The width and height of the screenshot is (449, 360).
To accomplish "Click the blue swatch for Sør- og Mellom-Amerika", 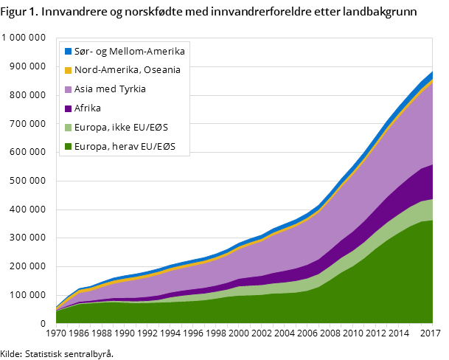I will (x=68, y=52).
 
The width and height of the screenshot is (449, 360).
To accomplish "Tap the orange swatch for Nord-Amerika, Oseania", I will (x=68, y=71).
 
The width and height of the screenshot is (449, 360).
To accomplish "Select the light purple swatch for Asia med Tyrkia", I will (x=68, y=89).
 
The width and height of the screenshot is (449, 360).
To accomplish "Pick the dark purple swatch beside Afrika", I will (x=68, y=108).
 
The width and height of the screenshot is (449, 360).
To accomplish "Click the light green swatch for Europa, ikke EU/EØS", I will (x=68, y=128).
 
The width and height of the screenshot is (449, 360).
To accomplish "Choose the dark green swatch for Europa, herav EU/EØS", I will (x=68, y=147).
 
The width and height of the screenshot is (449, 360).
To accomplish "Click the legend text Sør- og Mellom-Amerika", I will (x=129, y=52).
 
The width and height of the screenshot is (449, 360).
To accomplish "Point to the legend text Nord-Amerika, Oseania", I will (x=127, y=71).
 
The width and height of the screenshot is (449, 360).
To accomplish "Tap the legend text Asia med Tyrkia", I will (x=110, y=89).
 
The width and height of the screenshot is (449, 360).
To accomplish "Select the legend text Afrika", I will (x=88, y=108).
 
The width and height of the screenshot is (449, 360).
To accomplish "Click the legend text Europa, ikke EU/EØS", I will (x=121, y=128).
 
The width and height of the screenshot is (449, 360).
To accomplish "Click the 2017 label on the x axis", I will (x=425, y=333).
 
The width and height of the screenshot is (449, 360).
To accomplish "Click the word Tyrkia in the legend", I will (x=130, y=89).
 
